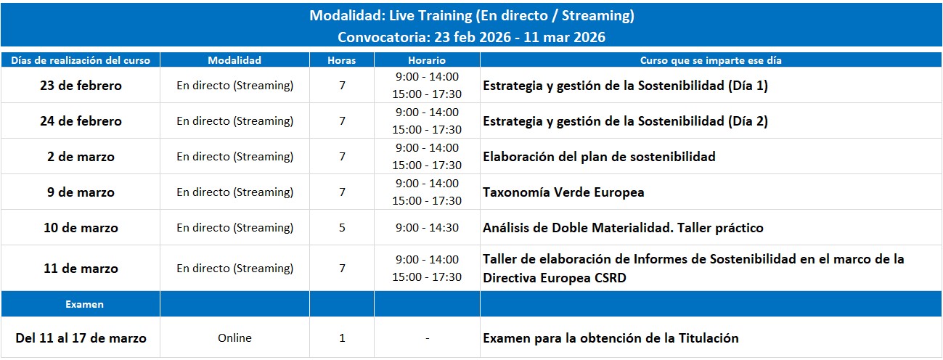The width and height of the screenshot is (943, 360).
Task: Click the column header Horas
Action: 341,60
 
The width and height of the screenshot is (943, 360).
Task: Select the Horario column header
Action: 426,60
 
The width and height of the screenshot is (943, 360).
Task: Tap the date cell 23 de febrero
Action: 81,86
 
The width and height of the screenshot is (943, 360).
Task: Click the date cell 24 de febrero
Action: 81,120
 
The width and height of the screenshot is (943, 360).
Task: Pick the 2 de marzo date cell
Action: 81,157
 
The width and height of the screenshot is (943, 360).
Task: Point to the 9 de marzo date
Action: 81,192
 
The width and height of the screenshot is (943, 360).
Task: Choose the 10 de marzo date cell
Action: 81,228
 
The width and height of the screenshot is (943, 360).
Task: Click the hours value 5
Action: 342,228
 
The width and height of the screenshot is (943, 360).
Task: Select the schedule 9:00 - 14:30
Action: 427,228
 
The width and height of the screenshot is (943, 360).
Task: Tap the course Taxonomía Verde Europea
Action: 563,192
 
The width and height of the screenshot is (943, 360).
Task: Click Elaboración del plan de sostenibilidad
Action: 599,157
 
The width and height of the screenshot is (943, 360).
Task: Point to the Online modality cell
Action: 234,337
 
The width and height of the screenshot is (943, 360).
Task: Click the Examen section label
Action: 84,304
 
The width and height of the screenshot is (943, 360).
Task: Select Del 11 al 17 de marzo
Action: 81,338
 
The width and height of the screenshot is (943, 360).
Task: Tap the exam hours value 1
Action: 342,337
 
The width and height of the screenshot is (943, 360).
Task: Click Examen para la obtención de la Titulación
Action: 611,338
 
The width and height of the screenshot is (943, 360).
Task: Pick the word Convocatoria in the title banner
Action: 384,37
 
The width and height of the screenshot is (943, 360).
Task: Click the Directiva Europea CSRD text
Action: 555,278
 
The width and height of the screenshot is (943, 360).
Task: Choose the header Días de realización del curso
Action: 81,60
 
